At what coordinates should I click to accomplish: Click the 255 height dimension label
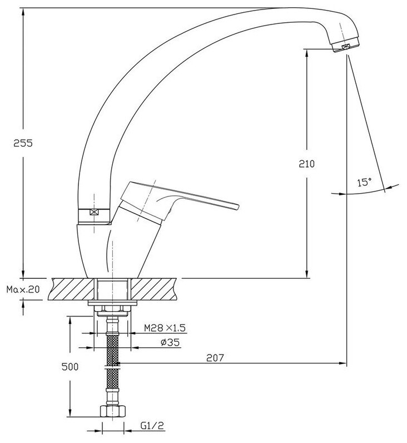[23, 143]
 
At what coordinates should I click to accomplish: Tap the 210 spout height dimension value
[306, 164]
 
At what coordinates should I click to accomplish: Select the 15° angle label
[364, 182]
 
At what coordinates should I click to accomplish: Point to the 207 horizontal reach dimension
[215, 358]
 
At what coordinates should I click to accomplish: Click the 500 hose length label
[70, 367]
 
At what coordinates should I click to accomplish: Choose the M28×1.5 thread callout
[165, 328]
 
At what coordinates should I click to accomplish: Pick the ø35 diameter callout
[170, 342]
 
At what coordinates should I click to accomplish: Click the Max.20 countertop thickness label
[23, 289]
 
